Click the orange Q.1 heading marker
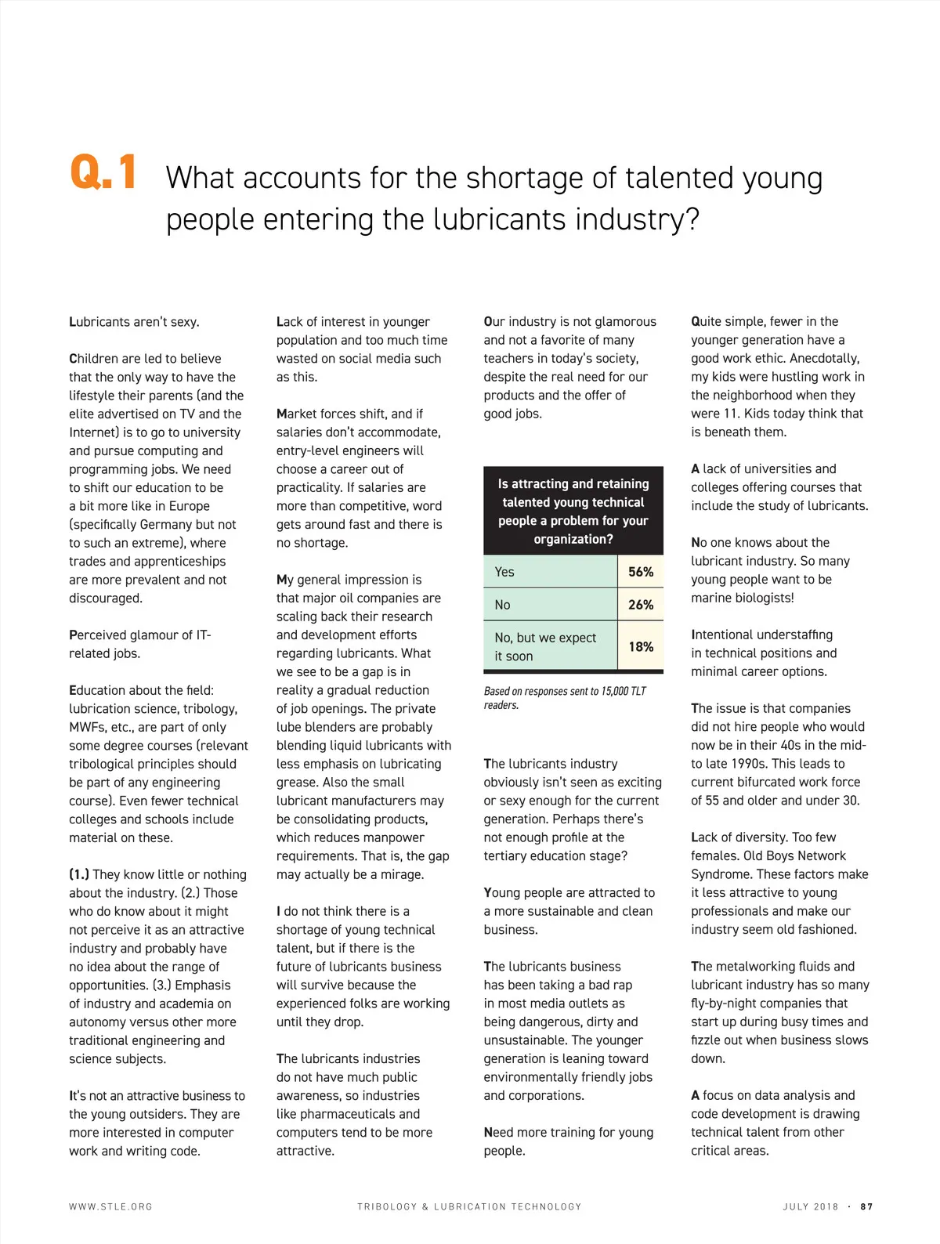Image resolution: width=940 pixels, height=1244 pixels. click(103, 172)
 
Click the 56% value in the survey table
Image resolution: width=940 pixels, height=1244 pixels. click(640, 572)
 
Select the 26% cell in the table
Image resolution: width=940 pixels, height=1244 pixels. click(640, 605)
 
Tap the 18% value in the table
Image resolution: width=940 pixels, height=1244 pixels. click(640, 646)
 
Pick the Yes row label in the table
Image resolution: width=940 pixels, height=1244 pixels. click(504, 572)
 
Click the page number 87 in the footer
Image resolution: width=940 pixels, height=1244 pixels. click(866, 1206)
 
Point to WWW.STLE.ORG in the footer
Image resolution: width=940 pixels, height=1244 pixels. click(110, 1206)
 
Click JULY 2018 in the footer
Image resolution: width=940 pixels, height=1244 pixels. click(810, 1206)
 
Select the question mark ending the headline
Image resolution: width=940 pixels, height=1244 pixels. click(692, 220)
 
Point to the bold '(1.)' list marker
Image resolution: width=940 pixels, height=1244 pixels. click(79, 874)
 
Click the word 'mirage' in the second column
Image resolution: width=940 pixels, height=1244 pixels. click(401, 874)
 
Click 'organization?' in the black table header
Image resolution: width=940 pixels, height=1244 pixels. click(573, 539)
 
